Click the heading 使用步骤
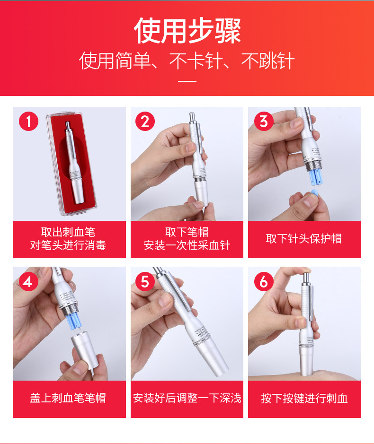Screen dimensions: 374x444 187,31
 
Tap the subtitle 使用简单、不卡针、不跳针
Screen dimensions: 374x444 187,61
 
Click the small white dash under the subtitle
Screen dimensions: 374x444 187,81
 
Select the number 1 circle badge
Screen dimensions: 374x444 28,121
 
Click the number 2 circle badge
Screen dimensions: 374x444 145,121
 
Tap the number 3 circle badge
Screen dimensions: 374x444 264,121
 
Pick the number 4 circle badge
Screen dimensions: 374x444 28,281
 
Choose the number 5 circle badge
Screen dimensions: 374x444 145,281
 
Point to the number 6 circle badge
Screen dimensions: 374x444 264,281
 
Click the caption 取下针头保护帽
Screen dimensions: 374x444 303,239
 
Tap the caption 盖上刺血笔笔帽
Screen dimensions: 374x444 68,398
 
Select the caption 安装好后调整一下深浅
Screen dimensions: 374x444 187,398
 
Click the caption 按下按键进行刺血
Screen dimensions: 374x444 304,399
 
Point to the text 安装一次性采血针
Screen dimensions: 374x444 187,245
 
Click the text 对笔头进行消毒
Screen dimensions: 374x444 68,245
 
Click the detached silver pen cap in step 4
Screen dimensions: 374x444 84,351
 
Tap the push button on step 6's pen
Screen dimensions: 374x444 306,279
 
